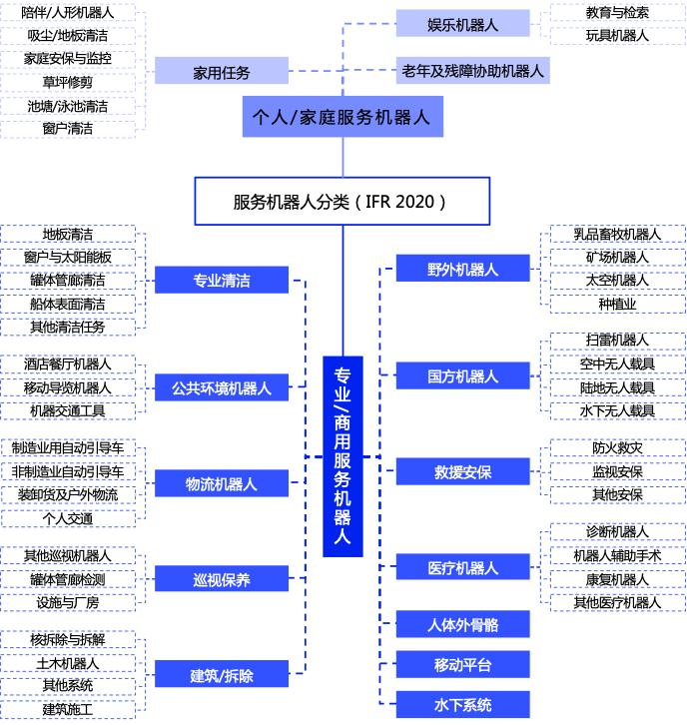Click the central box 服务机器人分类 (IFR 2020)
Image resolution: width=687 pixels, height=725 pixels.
click(x=343, y=201)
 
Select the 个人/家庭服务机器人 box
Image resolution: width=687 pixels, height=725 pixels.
click(x=343, y=117)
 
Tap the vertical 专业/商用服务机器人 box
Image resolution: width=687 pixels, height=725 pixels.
click(x=343, y=456)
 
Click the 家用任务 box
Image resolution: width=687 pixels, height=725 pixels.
click(x=222, y=71)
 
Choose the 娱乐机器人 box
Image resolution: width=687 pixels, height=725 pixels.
click(x=462, y=23)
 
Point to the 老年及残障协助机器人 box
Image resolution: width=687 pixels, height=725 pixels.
click(x=473, y=70)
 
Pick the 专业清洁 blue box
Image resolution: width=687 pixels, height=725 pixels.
click(x=222, y=280)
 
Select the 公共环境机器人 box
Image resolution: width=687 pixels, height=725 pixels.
click(x=222, y=387)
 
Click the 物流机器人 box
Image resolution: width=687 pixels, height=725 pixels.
click(x=222, y=483)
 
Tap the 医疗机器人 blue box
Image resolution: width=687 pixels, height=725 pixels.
click(x=462, y=567)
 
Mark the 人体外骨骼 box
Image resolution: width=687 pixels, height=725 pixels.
click(x=462, y=624)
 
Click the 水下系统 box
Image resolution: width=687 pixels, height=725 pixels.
click(x=462, y=705)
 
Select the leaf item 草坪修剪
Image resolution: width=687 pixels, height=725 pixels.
click(x=68, y=82)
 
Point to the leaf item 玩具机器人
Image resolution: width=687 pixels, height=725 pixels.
click(x=618, y=36)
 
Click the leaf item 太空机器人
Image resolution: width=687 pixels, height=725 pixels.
click(x=618, y=281)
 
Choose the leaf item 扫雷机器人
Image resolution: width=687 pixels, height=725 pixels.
click(x=618, y=341)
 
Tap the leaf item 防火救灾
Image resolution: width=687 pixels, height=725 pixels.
click(x=618, y=448)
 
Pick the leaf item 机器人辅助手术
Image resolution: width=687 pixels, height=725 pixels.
click(x=618, y=556)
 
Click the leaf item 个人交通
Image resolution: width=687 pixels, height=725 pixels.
click(x=68, y=518)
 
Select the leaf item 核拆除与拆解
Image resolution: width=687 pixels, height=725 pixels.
click(x=68, y=639)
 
